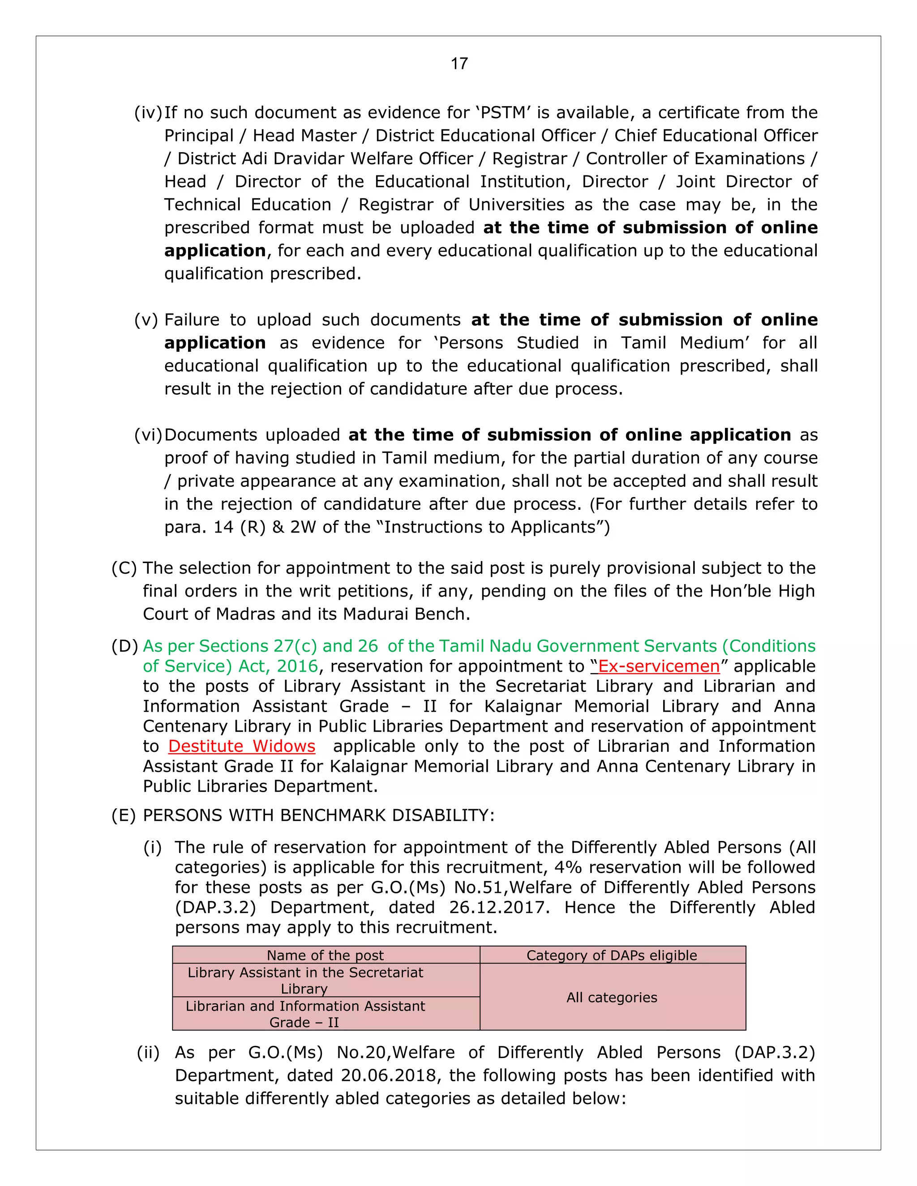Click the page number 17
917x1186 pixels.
[x=459, y=64]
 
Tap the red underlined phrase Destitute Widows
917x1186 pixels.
[x=242, y=746]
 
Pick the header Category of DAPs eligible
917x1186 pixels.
[x=612, y=955]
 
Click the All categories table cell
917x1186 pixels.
[x=612, y=998]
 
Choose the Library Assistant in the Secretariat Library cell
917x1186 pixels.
[x=305, y=980]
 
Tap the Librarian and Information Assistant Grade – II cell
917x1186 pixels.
[x=305, y=1014]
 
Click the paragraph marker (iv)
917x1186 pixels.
[x=148, y=112]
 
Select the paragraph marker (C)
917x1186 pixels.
[x=124, y=568]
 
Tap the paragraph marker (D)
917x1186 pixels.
[x=124, y=646]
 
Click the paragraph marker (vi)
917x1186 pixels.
[x=148, y=435]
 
